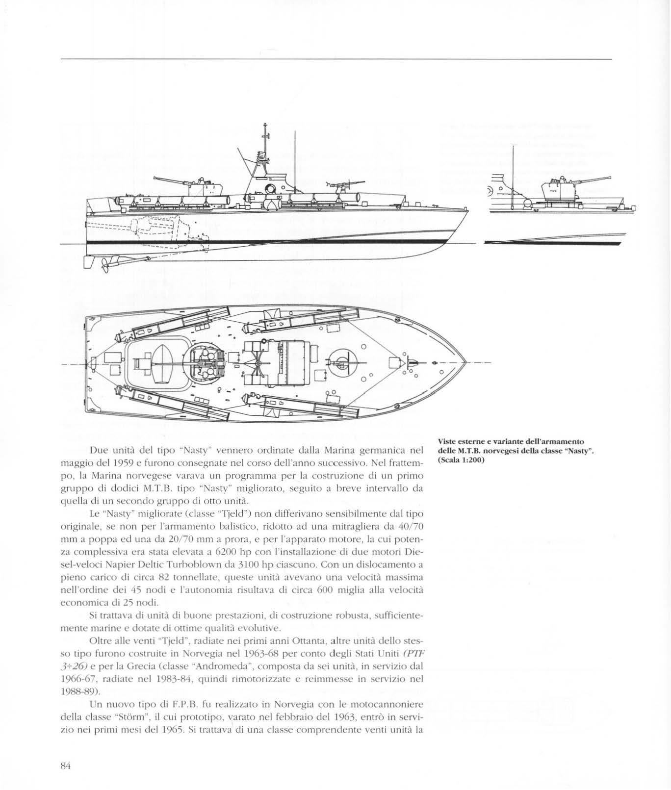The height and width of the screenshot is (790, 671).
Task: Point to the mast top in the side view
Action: pyautogui.click(x=264, y=125)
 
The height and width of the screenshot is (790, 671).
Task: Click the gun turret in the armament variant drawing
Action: pyautogui.click(x=556, y=189)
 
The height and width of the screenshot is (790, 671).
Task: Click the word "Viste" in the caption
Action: pyautogui.click(x=447, y=440)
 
